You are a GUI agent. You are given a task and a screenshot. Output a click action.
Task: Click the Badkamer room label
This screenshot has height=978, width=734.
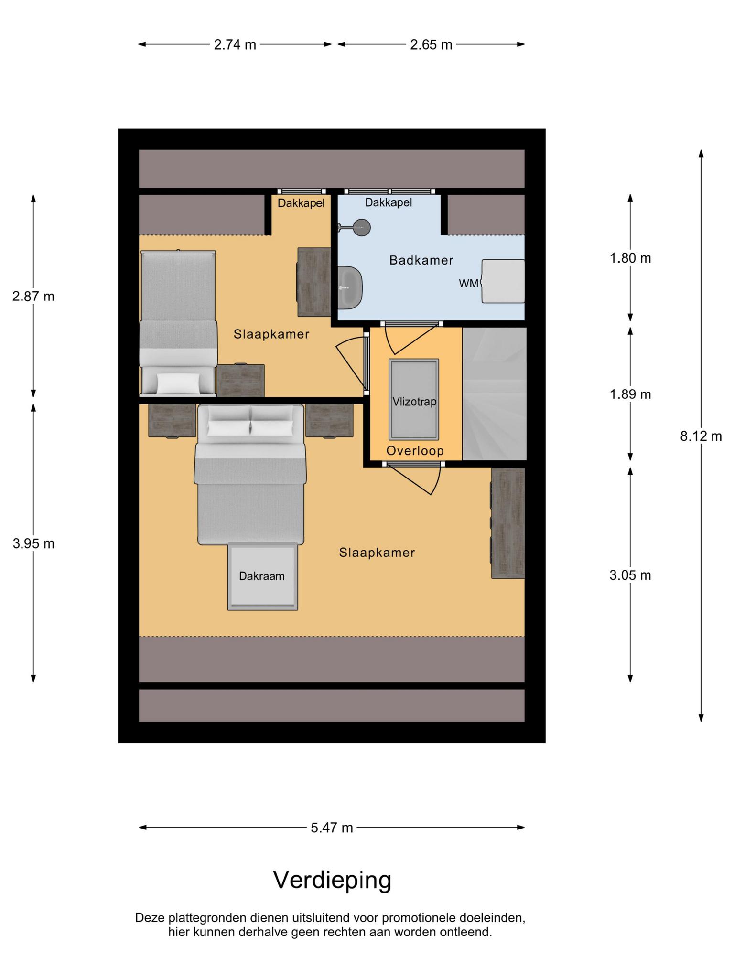421,260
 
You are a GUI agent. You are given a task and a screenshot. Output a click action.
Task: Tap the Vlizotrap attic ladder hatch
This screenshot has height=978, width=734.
414,399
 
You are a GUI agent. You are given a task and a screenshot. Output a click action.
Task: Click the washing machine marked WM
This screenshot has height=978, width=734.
502,281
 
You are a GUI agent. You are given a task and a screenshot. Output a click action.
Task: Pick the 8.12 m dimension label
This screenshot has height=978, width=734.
701,436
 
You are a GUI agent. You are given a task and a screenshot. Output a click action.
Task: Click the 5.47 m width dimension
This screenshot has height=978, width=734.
332,827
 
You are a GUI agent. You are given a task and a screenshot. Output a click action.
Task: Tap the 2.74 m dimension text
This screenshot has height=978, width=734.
235,45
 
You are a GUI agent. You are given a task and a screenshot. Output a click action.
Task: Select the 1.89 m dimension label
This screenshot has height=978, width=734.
630,394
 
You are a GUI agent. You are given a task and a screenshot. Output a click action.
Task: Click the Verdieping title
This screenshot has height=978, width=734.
332,880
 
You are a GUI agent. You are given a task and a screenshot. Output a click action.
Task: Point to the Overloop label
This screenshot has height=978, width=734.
415,451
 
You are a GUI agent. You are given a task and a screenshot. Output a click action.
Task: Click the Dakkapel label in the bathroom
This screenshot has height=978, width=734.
389,202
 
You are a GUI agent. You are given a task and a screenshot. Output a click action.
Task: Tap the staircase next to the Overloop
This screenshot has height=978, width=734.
494,393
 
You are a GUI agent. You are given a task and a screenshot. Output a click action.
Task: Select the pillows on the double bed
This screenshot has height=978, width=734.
251,421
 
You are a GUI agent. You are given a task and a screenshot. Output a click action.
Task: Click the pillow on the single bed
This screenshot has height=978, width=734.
178,383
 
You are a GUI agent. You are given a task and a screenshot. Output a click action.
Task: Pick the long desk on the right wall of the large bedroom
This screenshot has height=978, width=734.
507,523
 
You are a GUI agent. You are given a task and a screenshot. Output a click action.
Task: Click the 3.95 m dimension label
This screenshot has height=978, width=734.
33,543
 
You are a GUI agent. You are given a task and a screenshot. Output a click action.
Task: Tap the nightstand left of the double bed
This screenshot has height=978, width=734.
172,420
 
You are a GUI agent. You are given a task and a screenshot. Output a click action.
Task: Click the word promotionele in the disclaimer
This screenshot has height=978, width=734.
419,918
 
